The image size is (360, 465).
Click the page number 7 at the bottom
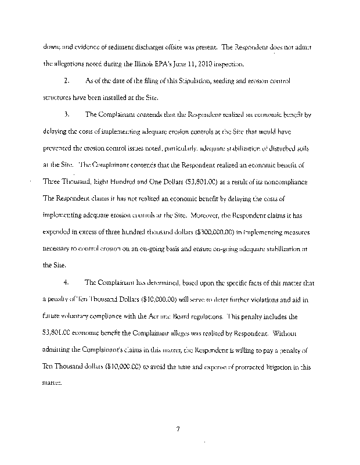[x=179, y=430]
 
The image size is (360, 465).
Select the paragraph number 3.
[x=67, y=115]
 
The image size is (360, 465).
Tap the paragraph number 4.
[x=67, y=283]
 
